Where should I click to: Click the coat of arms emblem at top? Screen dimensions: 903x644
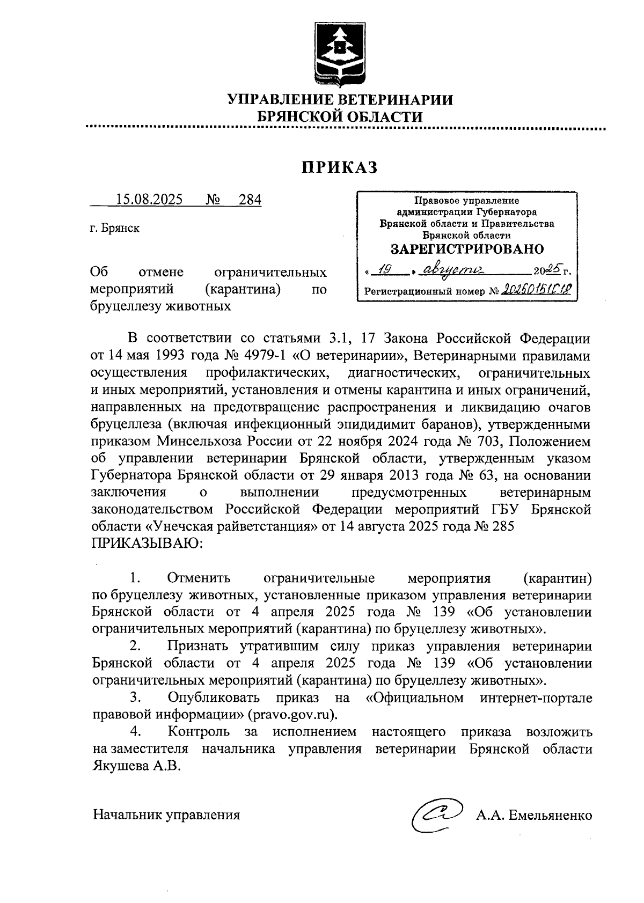(339, 54)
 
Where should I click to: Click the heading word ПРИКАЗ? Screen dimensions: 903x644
(339, 167)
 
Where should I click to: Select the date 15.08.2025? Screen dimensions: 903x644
(149, 200)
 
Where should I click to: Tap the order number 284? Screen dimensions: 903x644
(250, 200)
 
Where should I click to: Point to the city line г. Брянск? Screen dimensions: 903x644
(115, 228)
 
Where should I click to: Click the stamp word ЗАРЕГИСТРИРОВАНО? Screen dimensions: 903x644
(467, 249)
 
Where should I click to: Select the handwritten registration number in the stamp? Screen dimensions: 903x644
(535, 291)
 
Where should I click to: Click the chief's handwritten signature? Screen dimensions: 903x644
(435, 814)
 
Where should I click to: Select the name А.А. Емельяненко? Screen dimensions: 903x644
(533, 816)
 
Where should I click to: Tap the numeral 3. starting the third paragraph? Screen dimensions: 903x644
(135, 698)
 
